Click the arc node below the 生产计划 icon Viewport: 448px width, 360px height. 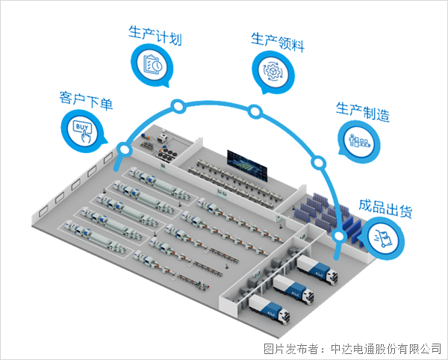(x=178, y=106)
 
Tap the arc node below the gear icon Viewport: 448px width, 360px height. (x=255, y=112)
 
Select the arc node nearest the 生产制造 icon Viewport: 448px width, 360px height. (x=317, y=162)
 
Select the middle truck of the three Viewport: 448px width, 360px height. (x=292, y=288)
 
